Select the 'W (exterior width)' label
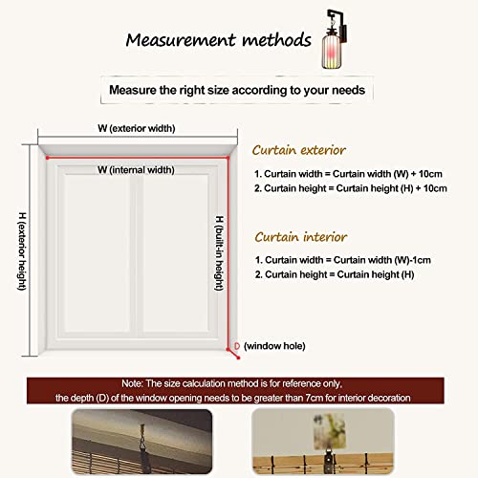pos(142,127)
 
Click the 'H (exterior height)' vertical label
pos(21,252)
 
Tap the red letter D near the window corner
pos(236,344)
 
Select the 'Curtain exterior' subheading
pos(298,150)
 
